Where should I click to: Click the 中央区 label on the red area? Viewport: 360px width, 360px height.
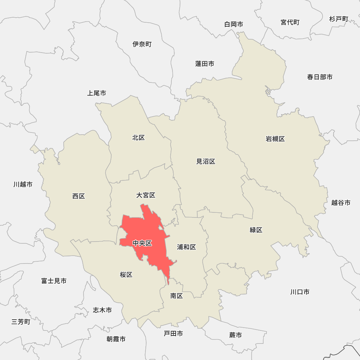[x=142, y=243]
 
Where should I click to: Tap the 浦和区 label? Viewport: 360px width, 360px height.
[x=186, y=247]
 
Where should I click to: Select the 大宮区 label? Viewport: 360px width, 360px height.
[x=146, y=195]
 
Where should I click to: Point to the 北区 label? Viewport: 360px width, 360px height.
[x=138, y=138]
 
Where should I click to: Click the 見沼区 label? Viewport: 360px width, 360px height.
[x=206, y=162]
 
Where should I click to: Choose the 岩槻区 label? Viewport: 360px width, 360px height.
[x=275, y=139]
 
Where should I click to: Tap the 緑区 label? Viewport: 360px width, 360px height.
[x=256, y=230]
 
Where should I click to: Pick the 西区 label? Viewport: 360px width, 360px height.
[x=78, y=196]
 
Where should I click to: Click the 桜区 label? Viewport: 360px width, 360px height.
[x=126, y=275]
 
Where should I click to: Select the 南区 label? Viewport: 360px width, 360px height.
[x=177, y=296]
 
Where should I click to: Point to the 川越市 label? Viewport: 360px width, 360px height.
[x=23, y=184]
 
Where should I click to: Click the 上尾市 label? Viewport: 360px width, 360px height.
[x=96, y=93]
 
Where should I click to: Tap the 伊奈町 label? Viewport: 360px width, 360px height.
[x=142, y=44]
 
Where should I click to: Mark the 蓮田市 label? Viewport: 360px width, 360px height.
[x=204, y=64]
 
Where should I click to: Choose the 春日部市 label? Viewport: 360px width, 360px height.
[x=320, y=77]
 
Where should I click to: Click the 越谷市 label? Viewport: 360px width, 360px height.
[x=341, y=203]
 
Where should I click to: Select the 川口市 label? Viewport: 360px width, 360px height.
[x=300, y=292]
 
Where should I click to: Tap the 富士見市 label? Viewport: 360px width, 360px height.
[x=54, y=281]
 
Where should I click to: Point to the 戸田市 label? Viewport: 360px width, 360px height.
[x=173, y=334]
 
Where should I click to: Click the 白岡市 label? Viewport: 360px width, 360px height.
[x=233, y=24]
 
